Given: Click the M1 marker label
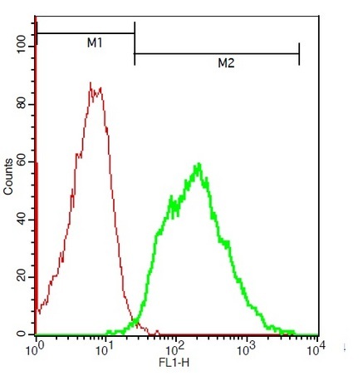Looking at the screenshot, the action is pyautogui.click(x=95, y=43).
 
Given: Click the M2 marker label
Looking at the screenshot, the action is pyautogui.click(x=226, y=63).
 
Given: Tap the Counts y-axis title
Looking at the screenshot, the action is pyautogui.click(x=8, y=176).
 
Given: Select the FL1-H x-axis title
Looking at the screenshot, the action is pyautogui.click(x=174, y=362).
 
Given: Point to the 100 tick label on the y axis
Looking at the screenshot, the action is pyautogui.click(x=22, y=46).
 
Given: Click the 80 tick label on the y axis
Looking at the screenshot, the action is pyautogui.click(x=22, y=104).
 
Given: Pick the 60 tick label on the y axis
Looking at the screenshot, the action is pyautogui.click(x=22, y=161).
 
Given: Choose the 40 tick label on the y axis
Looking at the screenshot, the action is pyautogui.click(x=22, y=220).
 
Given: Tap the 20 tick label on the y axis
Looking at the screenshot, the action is pyautogui.click(x=22, y=277).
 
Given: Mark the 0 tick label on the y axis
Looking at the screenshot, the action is pyautogui.click(x=22, y=334).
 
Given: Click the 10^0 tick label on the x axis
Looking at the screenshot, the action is pyautogui.click(x=34, y=350).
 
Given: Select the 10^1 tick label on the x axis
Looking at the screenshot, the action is pyautogui.click(x=104, y=350).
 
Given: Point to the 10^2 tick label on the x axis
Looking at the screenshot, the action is pyautogui.click(x=175, y=350).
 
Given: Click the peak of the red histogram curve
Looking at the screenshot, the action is pyautogui.click(x=91, y=82).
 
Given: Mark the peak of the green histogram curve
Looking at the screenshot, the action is pyautogui.click(x=199, y=164).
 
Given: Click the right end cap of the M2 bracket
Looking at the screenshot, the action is pyautogui.click(x=299, y=54).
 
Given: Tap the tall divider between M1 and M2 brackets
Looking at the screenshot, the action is pyautogui.click(x=135, y=43).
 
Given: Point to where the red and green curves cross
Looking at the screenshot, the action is pyautogui.click(x=136, y=322).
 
